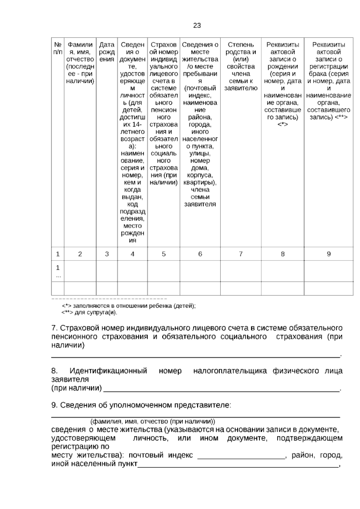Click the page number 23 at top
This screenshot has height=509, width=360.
coord(197,26)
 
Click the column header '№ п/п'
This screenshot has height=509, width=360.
coord(58,48)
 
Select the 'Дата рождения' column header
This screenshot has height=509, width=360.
coord(107,52)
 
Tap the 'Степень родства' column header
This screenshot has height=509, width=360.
coord(241,66)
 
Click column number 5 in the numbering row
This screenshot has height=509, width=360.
coord(163,254)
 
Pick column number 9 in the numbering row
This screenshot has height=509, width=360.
coord(328,254)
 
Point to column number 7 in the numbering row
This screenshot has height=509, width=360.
coord(241,254)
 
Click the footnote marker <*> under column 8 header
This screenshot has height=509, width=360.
coord(283,124)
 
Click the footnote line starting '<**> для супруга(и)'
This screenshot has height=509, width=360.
coord(89,313)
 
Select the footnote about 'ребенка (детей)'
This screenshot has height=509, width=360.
coord(129,306)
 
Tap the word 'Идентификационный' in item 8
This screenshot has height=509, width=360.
coord(108,371)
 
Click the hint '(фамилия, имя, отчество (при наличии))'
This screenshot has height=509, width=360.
coord(152,421)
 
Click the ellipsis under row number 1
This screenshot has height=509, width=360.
coord(58,276)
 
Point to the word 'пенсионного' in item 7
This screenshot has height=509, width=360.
coord(74,336)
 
